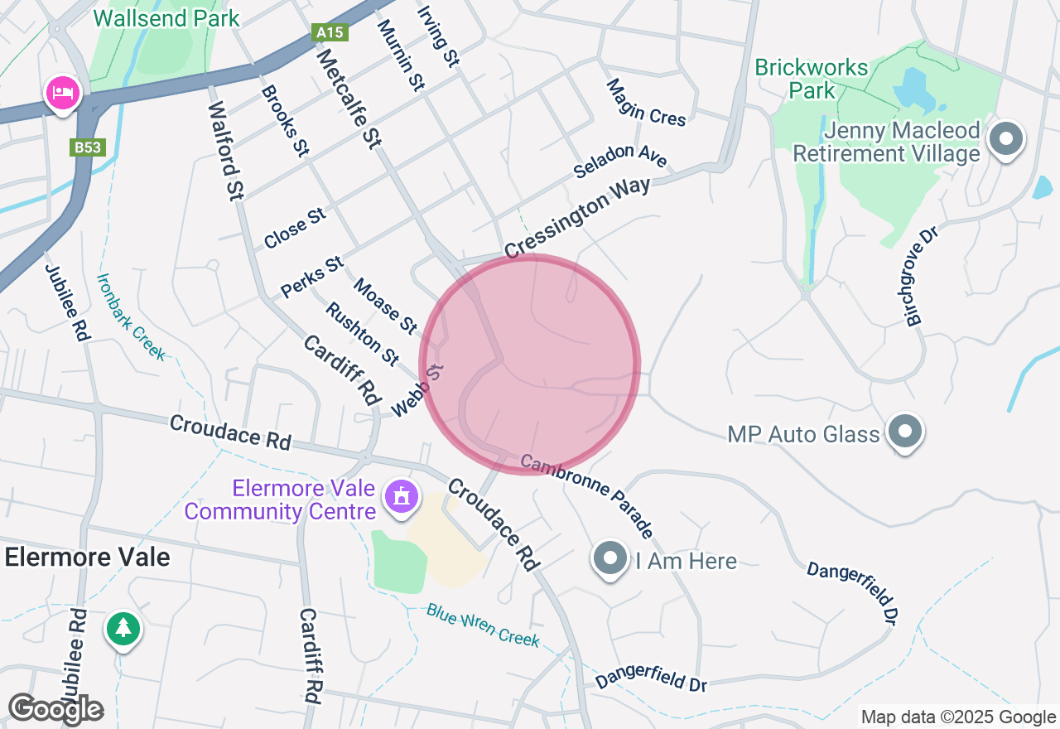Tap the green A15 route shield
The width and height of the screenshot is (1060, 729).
(330, 32)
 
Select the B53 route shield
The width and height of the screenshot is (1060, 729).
(87, 147)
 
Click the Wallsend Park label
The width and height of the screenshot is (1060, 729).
(166, 18)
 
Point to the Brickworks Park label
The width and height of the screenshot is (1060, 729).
(812, 79)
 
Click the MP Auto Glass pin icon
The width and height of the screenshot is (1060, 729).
(904, 432)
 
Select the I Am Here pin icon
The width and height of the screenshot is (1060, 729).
(611, 559)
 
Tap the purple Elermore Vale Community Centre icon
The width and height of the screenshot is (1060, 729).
(402, 496)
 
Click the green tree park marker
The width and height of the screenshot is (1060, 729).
(123, 628)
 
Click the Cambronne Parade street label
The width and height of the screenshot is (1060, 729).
(588, 496)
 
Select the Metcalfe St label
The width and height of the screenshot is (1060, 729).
(349, 98)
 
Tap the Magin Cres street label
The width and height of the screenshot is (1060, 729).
(646, 103)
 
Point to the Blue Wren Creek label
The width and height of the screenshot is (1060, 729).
(483, 625)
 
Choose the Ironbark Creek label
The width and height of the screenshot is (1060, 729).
(131, 316)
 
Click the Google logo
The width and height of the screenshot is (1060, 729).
(55, 709)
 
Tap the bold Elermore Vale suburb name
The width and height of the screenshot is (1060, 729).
(87, 557)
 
